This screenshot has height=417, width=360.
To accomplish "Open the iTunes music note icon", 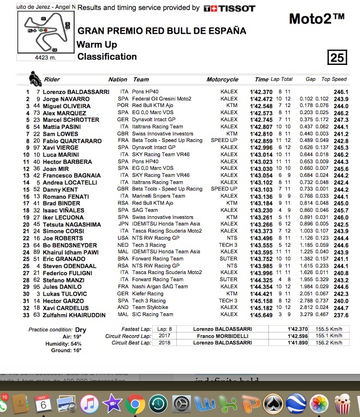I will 89,404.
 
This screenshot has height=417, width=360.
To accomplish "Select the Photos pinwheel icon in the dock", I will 319,404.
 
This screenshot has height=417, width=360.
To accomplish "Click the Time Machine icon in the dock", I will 158,404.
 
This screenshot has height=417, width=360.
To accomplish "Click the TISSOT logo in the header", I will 229,8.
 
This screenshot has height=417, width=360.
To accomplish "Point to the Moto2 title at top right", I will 316,20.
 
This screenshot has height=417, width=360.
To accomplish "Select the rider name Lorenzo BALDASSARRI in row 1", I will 76,92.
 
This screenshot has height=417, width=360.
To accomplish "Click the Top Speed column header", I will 334,80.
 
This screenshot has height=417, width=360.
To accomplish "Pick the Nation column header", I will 118,80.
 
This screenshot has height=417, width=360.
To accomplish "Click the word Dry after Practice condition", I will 81,330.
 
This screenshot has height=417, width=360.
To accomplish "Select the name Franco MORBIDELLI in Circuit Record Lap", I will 223,336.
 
